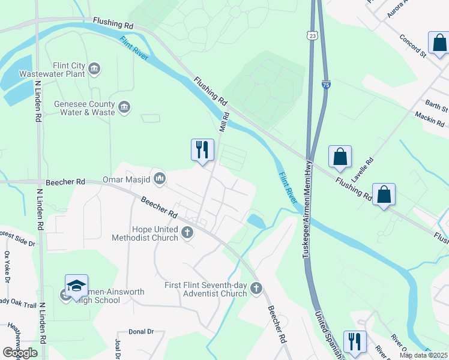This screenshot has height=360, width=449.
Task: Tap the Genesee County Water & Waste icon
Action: pyautogui.click(x=124, y=107)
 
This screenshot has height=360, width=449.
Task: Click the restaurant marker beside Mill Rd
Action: pyautogui.click(x=202, y=150)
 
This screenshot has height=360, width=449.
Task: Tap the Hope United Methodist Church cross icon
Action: pyautogui.click(x=187, y=232)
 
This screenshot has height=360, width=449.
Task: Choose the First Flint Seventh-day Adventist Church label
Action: pyautogui.click(x=205, y=289)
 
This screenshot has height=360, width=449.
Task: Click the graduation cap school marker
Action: pyautogui.click(x=77, y=286)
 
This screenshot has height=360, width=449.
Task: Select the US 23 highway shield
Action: pyautogui.click(x=311, y=36)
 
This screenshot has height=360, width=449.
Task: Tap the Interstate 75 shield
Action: pyautogui.click(x=325, y=86)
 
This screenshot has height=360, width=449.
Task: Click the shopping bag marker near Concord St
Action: pyautogui.click(x=439, y=43)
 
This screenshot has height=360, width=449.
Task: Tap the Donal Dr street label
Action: pyautogui.click(x=142, y=331)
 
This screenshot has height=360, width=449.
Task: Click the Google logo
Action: pyautogui.click(x=20, y=353)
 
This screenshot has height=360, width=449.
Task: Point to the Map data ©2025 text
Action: pyautogui.click(x=423, y=355)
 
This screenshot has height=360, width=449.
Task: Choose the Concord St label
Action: pyautogui.click(x=412, y=46)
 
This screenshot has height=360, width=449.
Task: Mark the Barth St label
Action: pyautogui.click(x=436, y=107)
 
